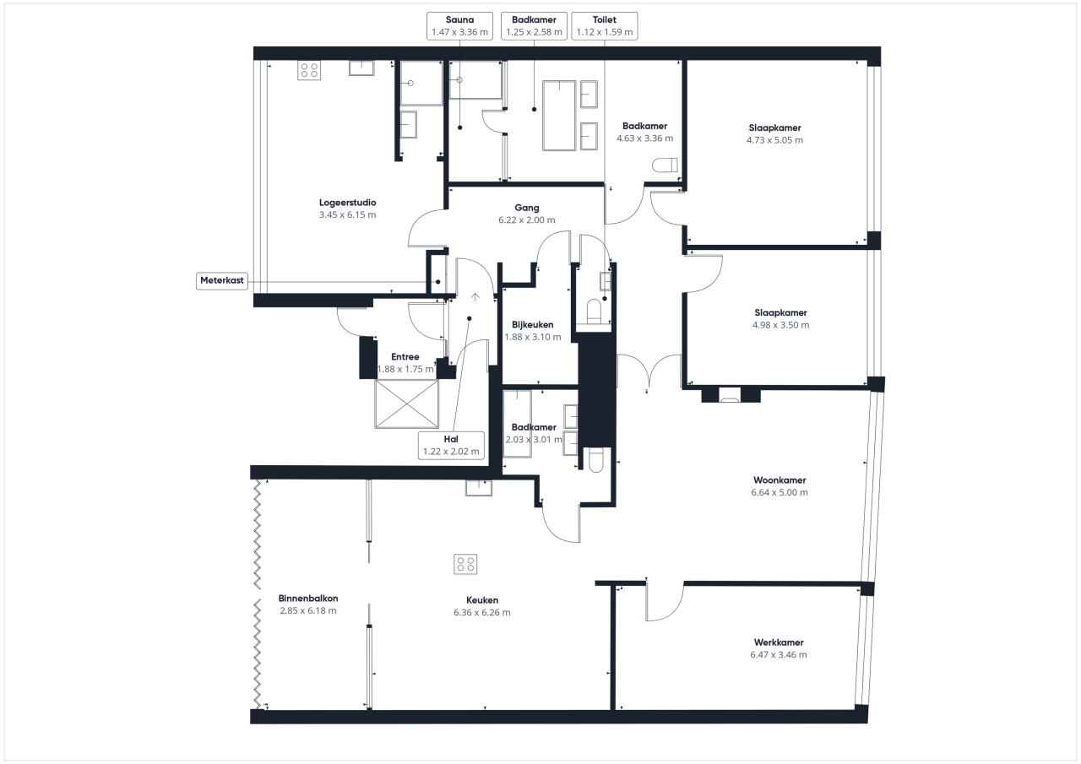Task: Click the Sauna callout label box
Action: [459, 26]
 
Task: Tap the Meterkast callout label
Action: [222, 281]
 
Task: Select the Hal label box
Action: [451, 445]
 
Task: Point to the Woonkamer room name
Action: [780, 480]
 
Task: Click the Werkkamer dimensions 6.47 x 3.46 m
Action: [779, 654]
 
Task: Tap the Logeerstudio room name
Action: [347, 203]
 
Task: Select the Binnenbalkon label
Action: [308, 598]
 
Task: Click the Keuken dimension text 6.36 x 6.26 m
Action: [482, 612]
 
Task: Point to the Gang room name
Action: [527, 208]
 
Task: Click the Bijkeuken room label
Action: [533, 325]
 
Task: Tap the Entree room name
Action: [405, 356]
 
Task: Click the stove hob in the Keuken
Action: [465, 564]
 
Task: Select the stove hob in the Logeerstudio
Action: [309, 70]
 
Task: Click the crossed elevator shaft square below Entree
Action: [407, 404]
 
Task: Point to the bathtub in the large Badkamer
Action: [559, 116]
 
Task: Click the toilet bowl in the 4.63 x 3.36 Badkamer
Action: [665, 166]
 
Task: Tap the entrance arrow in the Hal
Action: [475, 296]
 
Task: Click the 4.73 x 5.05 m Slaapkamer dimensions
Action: [774, 140]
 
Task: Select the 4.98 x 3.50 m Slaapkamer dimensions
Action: [780, 325]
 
